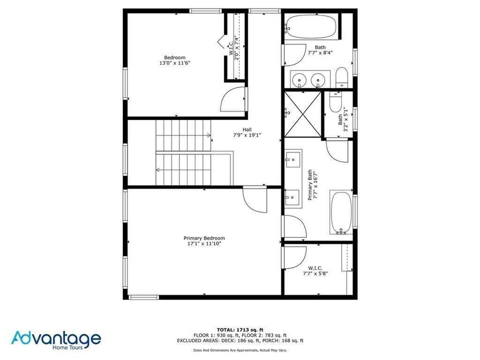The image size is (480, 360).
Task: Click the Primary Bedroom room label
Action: pyautogui.click(x=204, y=238)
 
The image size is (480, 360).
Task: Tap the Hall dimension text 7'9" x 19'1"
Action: pyautogui.click(x=247, y=135)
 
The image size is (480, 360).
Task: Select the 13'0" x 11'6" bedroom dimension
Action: pyautogui.click(x=175, y=63)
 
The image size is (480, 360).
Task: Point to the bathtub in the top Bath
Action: pyautogui.click(x=310, y=27)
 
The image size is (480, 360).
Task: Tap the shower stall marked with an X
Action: pyautogui.click(x=303, y=114)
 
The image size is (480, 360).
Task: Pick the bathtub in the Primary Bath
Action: pyautogui.click(x=341, y=212)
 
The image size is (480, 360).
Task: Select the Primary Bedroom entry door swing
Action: pyautogui.click(x=255, y=199)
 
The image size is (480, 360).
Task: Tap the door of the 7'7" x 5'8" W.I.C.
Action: pyautogui.click(x=295, y=258)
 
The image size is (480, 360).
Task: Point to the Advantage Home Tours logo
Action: pyautogui.click(x=56, y=340)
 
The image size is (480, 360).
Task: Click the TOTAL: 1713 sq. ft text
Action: pyautogui.click(x=240, y=330)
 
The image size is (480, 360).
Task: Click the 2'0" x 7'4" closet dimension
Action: pyautogui.click(x=237, y=48)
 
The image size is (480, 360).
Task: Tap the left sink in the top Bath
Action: pyautogui.click(x=298, y=79)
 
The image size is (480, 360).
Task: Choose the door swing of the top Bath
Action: pyautogui.click(x=295, y=55)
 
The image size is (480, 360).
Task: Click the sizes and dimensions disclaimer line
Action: pyautogui.click(x=240, y=350)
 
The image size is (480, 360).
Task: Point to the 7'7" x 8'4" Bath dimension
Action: pyautogui.click(x=320, y=53)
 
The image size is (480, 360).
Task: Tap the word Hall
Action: pyautogui.click(x=247, y=130)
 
